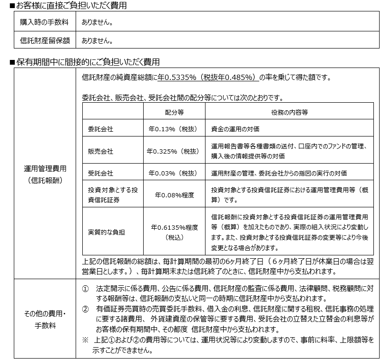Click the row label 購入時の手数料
(44, 22)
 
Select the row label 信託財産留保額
(44, 40)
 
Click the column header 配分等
(174, 112)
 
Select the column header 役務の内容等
(289, 112)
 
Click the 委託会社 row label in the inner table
(100, 129)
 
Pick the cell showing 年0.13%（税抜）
(174, 129)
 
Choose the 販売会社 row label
(100, 151)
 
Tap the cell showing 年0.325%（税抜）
(174, 151)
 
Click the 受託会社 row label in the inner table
(100, 173)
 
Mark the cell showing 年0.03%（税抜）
(174, 173)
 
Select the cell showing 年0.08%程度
(174, 195)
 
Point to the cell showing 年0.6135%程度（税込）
(174, 232)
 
